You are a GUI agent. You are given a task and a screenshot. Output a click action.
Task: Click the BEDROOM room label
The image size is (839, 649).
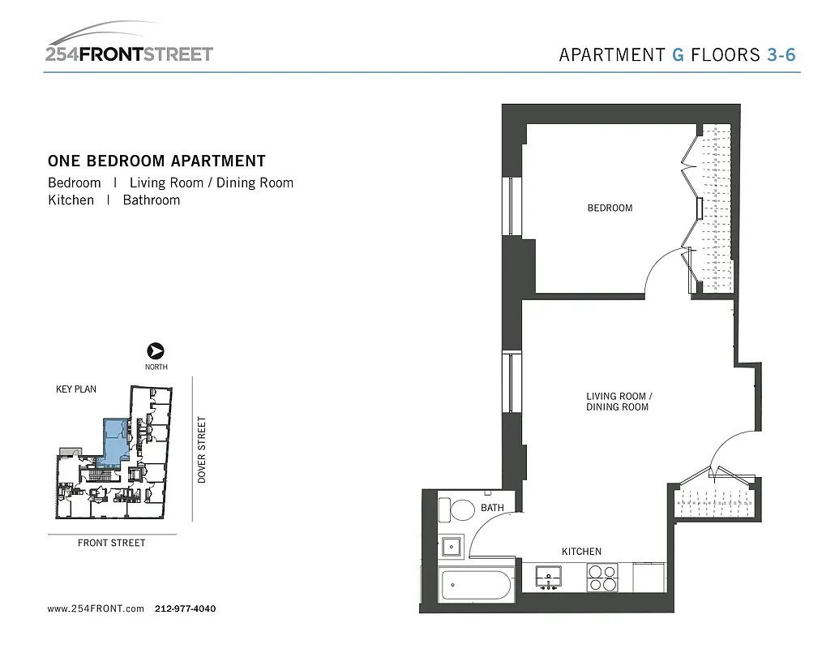click(610, 208)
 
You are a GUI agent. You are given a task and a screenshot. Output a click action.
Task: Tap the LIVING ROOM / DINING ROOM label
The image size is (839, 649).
click(619, 402)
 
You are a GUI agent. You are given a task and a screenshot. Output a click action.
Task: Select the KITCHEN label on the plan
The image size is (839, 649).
click(581, 552)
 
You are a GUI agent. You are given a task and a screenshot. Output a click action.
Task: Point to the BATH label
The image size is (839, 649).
click(492, 508)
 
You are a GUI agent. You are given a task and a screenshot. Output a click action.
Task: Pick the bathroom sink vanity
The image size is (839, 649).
click(451, 547)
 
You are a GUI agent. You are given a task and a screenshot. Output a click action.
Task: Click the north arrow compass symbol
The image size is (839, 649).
click(156, 351)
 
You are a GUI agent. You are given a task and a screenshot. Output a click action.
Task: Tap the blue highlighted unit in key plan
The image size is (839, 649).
click(114, 439)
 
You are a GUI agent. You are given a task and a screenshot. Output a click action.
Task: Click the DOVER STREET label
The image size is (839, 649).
click(203, 449)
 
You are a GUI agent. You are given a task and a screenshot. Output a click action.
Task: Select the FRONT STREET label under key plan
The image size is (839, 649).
click(111, 543)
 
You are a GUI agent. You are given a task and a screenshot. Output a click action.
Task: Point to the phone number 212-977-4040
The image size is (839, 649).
click(185, 608)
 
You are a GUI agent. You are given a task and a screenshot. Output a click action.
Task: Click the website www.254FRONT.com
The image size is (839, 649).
click(96, 608)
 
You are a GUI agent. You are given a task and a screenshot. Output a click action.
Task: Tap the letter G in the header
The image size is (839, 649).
click(678, 55)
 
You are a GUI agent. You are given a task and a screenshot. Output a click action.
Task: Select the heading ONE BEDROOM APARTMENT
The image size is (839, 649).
click(156, 161)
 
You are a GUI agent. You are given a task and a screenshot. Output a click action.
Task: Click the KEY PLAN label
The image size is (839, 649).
click(75, 389)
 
